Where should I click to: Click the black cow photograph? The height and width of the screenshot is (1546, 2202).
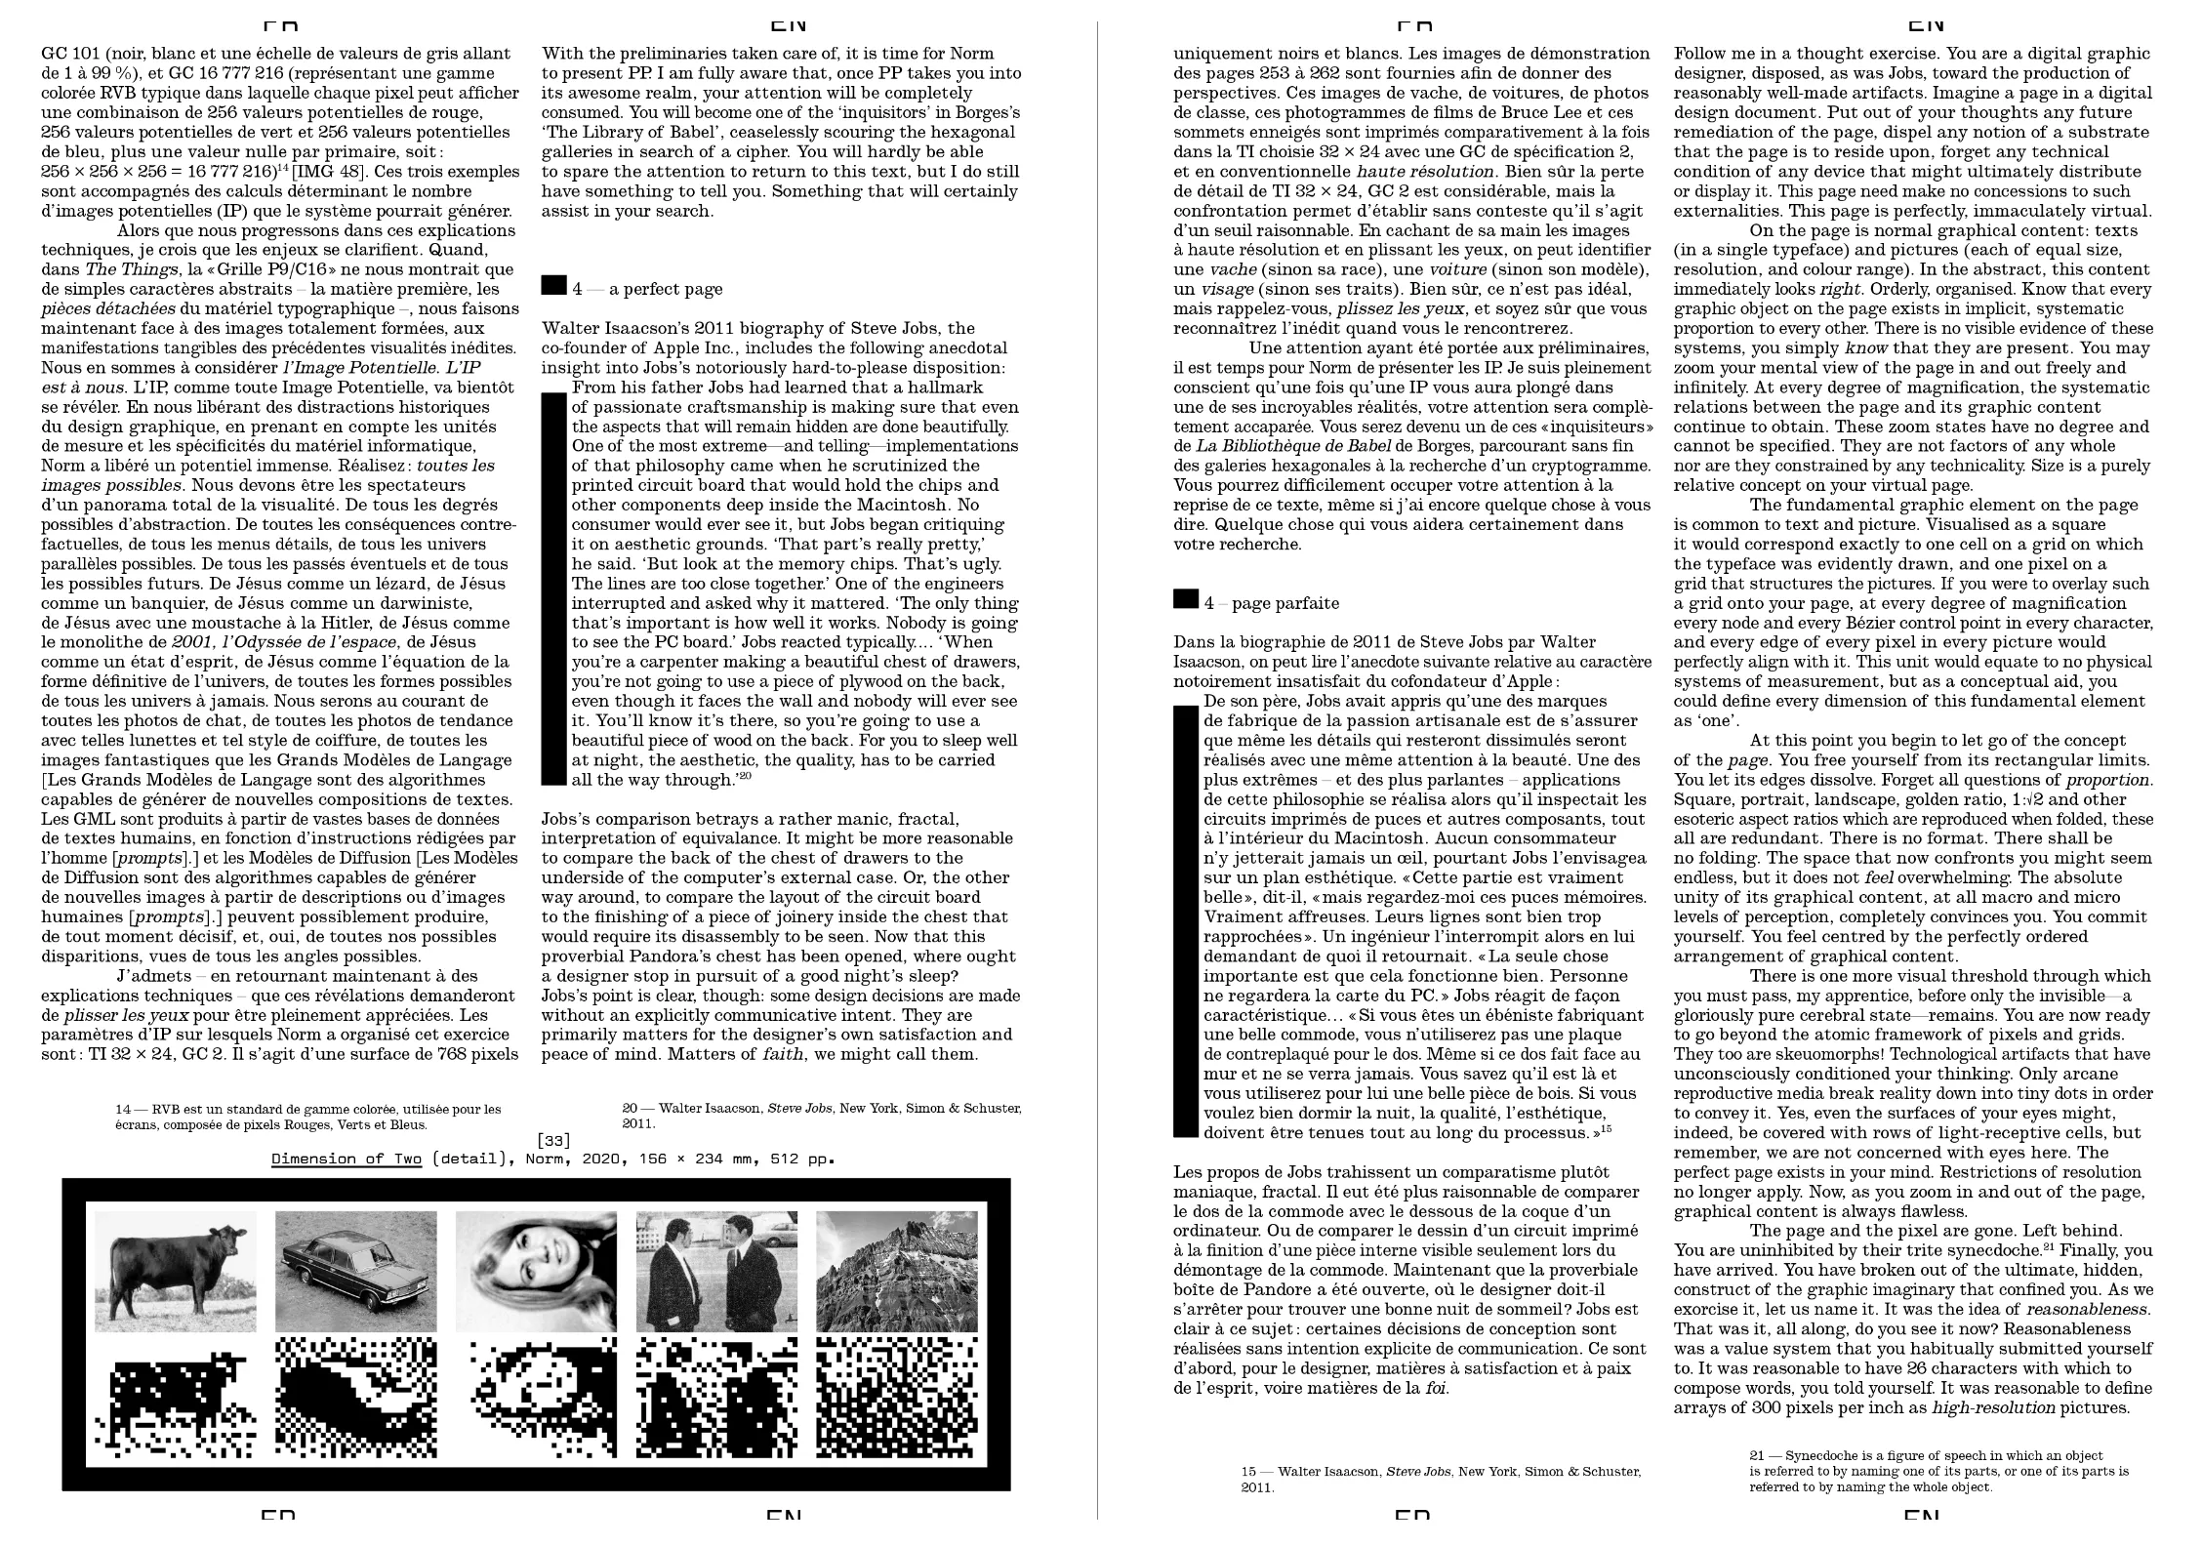pos(176,1271)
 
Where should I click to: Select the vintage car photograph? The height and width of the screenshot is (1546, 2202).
pos(355,1271)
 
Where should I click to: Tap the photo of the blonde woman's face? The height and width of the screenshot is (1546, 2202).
pos(536,1271)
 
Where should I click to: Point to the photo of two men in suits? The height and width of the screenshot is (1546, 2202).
pos(716,1271)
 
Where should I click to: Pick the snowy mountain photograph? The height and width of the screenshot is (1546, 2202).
pos(896,1271)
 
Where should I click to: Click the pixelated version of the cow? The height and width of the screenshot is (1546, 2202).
pos(176,1398)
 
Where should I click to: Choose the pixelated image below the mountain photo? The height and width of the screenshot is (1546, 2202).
pos(896,1398)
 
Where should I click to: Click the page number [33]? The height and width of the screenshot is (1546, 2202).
pos(553,1140)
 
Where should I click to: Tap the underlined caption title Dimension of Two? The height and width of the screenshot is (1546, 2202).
pos(347,1159)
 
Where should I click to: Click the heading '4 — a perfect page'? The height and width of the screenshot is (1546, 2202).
pos(647,289)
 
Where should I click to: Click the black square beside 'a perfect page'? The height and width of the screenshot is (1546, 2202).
pos(553,285)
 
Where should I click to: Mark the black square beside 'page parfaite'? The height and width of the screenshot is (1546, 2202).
pos(1185,599)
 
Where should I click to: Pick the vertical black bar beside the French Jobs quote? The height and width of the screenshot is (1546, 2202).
pos(1185,922)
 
